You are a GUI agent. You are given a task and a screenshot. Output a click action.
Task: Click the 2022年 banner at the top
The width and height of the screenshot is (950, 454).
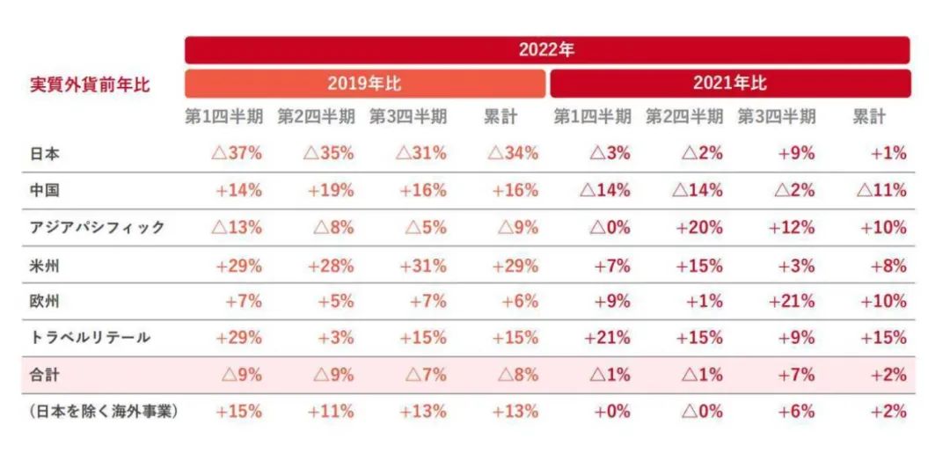coord(546,49)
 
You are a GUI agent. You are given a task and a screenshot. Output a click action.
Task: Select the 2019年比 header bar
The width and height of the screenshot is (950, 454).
coord(364,84)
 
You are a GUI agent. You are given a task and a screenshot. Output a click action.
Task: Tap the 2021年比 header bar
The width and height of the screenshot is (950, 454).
coord(729,84)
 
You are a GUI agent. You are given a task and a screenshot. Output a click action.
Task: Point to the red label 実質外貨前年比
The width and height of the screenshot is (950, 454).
coord(90,84)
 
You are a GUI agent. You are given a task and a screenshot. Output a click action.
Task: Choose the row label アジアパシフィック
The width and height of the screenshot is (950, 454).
coord(97,227)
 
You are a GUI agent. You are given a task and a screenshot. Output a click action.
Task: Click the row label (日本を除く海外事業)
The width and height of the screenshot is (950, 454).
coord(104,411)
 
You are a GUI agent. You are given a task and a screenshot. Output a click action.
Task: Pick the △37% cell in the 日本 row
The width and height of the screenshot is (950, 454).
coord(237,153)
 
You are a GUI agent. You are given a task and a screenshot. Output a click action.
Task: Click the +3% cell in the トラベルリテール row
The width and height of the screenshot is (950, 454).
coord(335,337)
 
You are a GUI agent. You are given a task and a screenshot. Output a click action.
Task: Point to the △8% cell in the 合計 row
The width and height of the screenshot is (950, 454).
coord(518,374)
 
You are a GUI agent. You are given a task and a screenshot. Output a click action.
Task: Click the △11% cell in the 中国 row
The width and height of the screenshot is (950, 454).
coord(881,190)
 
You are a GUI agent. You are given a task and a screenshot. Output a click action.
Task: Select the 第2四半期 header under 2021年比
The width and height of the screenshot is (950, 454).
coord(684,117)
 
